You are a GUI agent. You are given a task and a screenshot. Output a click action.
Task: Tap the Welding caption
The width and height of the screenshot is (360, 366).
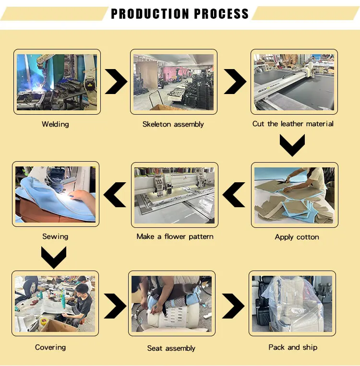coord(55,124)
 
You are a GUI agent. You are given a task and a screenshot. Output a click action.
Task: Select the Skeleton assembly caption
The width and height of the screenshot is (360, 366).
coord(173,124)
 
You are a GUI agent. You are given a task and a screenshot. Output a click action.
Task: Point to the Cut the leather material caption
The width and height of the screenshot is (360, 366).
coord(293,124)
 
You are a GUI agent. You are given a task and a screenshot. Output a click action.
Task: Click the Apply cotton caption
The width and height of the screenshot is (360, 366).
coord(297,237)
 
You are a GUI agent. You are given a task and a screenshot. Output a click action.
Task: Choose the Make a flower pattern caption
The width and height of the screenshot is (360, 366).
coord(175,236)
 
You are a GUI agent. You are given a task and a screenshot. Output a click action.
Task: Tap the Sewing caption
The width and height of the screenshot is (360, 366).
coord(55,236)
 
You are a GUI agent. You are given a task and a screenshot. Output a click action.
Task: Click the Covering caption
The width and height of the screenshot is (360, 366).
coord(50,347)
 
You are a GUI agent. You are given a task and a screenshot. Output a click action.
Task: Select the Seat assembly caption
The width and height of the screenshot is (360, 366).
coord(171,348)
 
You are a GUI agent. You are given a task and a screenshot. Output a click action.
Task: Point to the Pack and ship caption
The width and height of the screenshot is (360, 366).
coord(293,347)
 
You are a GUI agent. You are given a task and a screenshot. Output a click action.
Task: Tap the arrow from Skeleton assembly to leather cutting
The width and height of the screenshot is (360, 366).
coord(234,81)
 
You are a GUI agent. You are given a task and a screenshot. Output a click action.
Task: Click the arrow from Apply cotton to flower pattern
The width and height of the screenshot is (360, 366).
coord(235,194)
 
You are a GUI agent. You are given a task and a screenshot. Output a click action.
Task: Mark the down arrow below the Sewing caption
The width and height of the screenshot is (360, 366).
coord(53,257)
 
